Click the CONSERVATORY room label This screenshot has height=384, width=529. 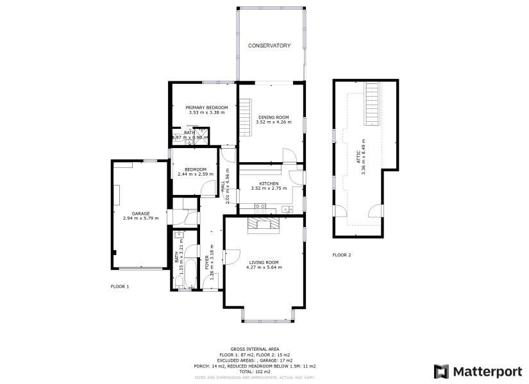269,46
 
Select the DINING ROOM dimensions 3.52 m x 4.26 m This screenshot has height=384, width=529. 273,122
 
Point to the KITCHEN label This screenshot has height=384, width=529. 268,183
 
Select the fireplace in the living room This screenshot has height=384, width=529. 264,223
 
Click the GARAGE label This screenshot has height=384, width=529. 140,213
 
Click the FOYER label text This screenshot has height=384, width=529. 206,263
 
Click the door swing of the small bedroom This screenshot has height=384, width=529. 208,188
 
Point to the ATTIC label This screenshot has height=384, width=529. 358,158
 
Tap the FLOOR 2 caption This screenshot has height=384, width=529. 342,255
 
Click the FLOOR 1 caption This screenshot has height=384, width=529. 120,287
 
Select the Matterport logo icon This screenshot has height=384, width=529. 441,371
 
